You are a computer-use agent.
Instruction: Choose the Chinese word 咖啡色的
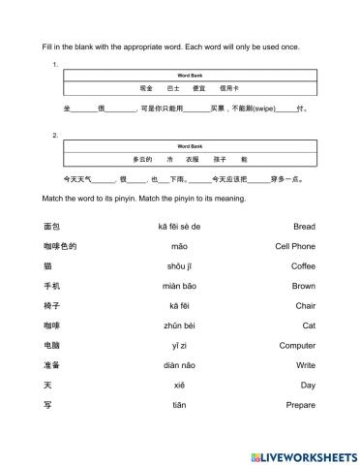tap(60, 246)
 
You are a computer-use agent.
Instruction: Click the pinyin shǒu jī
tap(180, 265)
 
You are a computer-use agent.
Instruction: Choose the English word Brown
tap(304, 286)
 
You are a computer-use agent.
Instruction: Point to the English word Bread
tap(304, 226)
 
